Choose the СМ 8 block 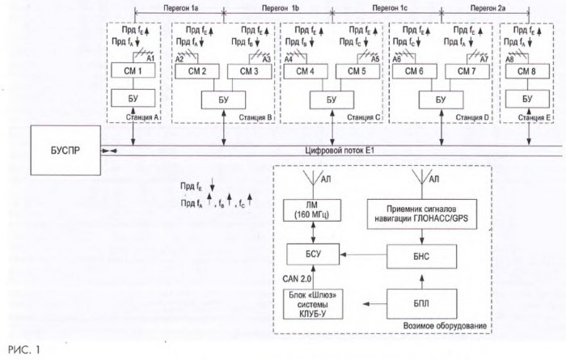click(526, 70)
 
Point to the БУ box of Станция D click(440, 99)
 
